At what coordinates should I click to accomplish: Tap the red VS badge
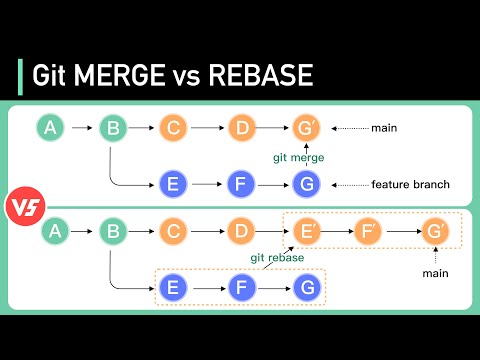pyautogui.click(x=21, y=206)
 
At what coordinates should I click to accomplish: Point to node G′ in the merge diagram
pyautogui.click(x=306, y=128)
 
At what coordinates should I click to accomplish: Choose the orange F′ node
pyautogui.click(x=369, y=232)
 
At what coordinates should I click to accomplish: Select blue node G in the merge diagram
pyautogui.click(x=306, y=184)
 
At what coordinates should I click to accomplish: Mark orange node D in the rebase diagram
pyautogui.click(x=241, y=232)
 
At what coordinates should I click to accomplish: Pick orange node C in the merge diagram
pyautogui.click(x=173, y=128)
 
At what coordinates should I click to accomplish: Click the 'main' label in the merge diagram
pyautogui.click(x=384, y=128)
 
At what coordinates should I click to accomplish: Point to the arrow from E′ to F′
pyautogui.click(x=339, y=232)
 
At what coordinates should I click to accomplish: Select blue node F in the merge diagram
pyautogui.click(x=239, y=184)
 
